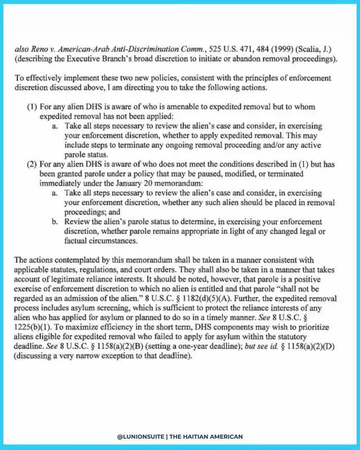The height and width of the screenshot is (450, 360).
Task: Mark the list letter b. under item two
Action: pyautogui.click(x=55, y=222)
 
